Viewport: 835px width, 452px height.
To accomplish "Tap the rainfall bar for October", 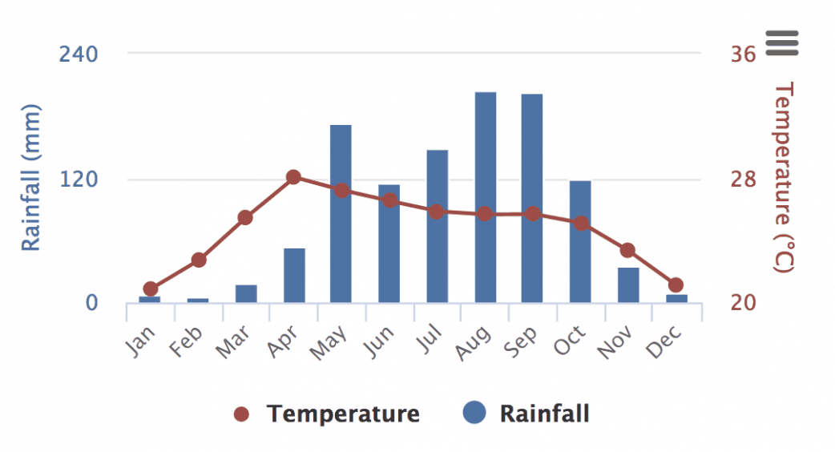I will pos(580,241).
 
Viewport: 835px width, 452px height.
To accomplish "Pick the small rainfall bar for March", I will pos(246,294).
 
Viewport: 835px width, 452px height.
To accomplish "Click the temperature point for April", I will pos(293,177).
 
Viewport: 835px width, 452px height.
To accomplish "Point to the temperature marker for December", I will pos(676,285).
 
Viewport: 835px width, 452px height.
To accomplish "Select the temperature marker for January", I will pos(151,289).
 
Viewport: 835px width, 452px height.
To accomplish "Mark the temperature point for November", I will pos(627,251).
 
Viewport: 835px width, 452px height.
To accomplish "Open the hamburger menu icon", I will pos(782,42).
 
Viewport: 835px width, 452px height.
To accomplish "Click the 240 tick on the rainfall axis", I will pos(79,54).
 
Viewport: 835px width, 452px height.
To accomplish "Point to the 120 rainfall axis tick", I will pos(79,179).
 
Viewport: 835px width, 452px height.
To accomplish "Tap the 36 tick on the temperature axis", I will pos(743,54).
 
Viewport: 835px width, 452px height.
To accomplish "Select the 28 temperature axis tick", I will pos(743,179).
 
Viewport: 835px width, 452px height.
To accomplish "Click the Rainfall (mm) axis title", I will pos(30,177).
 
